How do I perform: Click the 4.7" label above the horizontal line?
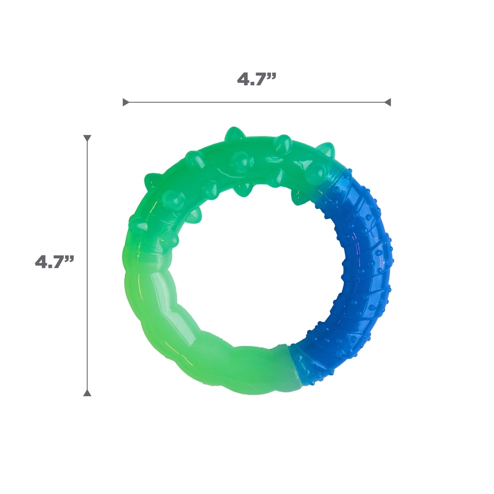(256, 79)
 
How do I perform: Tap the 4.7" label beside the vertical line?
(54, 262)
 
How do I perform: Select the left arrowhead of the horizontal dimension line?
(126, 102)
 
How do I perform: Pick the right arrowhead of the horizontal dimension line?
(388, 102)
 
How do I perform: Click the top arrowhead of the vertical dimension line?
(87, 138)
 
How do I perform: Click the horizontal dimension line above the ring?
(256, 102)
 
